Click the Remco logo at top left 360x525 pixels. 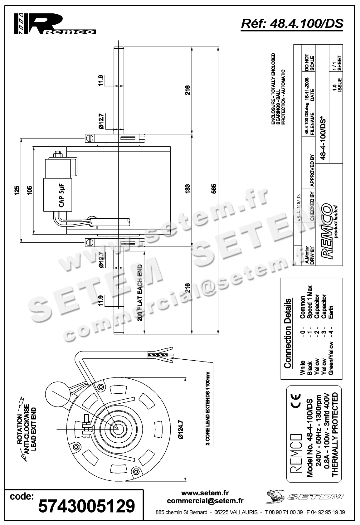point(55,24)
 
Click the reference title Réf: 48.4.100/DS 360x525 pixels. point(292,23)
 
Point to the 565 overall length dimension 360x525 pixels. point(214,189)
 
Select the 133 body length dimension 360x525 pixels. point(187,189)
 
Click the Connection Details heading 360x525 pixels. point(288,333)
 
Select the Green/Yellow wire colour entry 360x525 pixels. point(331,358)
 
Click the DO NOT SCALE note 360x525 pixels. point(309,62)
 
